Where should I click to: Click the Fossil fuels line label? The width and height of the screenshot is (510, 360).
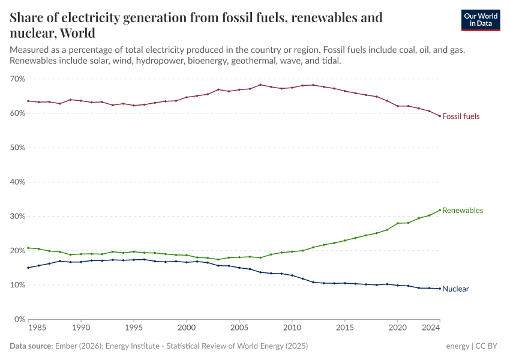pyautogui.click(x=461, y=116)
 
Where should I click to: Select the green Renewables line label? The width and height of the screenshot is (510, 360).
pyautogui.click(x=463, y=211)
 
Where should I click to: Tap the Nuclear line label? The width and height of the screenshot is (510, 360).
pyautogui.click(x=455, y=289)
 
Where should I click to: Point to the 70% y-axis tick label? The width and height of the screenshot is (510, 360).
pyautogui.click(x=17, y=79)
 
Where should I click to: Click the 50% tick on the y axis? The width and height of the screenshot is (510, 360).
pyautogui.click(x=17, y=148)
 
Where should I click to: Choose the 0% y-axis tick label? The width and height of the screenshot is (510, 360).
pyautogui.click(x=19, y=320)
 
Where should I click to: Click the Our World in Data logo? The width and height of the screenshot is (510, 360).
pyautogui.click(x=480, y=20)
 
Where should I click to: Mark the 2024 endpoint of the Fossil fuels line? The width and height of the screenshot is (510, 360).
pyautogui.click(x=440, y=116)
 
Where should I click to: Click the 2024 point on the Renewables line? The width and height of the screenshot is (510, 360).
pyautogui.click(x=440, y=210)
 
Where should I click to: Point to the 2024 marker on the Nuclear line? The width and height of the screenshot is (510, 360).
pyautogui.click(x=440, y=289)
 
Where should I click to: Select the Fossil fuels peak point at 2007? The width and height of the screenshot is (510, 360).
pyautogui.click(x=260, y=85)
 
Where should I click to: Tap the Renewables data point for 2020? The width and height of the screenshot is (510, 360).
pyautogui.click(x=398, y=223)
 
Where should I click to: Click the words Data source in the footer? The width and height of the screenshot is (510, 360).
pyautogui.click(x=31, y=346)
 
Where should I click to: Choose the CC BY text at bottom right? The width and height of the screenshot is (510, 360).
pyautogui.click(x=488, y=346)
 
